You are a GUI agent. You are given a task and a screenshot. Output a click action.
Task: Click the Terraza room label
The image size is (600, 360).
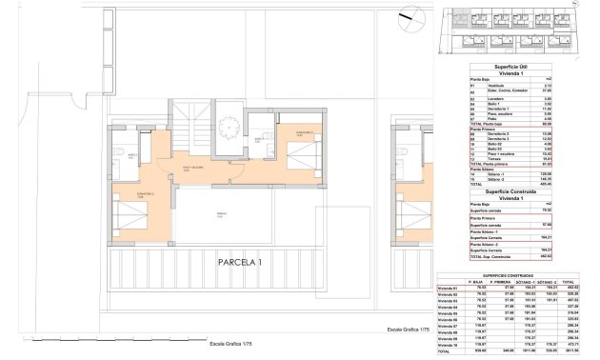pyautogui.click(x=221, y=213)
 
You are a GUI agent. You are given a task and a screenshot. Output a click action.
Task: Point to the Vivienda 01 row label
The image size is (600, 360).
pyautogui.click(x=449, y=288)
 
